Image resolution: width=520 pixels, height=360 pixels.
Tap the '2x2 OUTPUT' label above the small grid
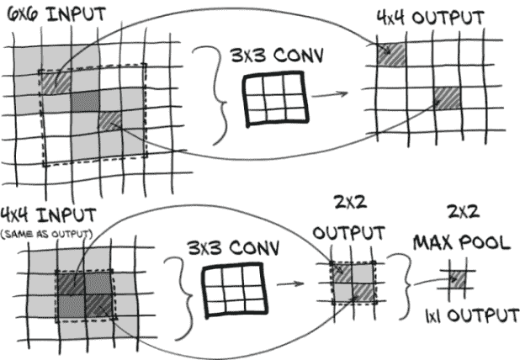(348, 220)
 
